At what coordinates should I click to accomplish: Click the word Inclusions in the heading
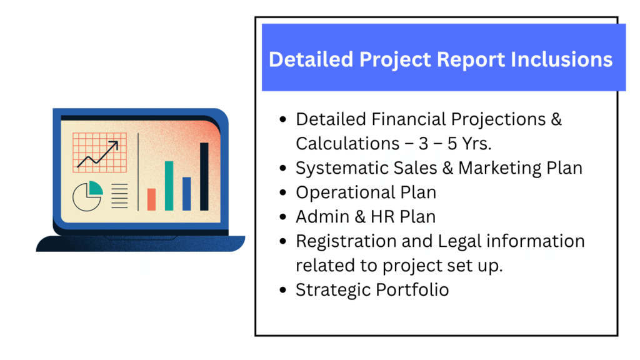tap(561, 59)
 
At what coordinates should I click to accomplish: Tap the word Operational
tap(346, 192)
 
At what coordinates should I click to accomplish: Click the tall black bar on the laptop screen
tap(204, 177)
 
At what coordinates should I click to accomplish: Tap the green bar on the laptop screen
tap(169, 186)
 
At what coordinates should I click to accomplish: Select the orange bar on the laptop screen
tap(151, 199)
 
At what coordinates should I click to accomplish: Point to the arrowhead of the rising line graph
tap(115, 144)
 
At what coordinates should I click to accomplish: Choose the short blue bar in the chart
tap(186, 194)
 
